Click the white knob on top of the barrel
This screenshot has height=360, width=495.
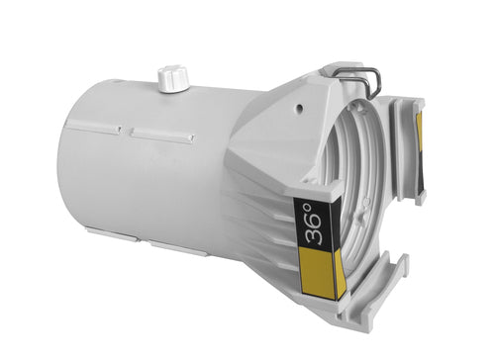(x=173, y=78)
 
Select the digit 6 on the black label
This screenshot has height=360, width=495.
(x=315, y=220)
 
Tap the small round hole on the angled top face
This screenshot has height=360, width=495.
(x=299, y=107)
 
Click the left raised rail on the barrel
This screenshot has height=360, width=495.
(x=93, y=128)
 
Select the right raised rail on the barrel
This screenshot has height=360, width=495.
(x=161, y=135)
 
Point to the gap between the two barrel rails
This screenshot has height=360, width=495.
(x=126, y=132)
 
